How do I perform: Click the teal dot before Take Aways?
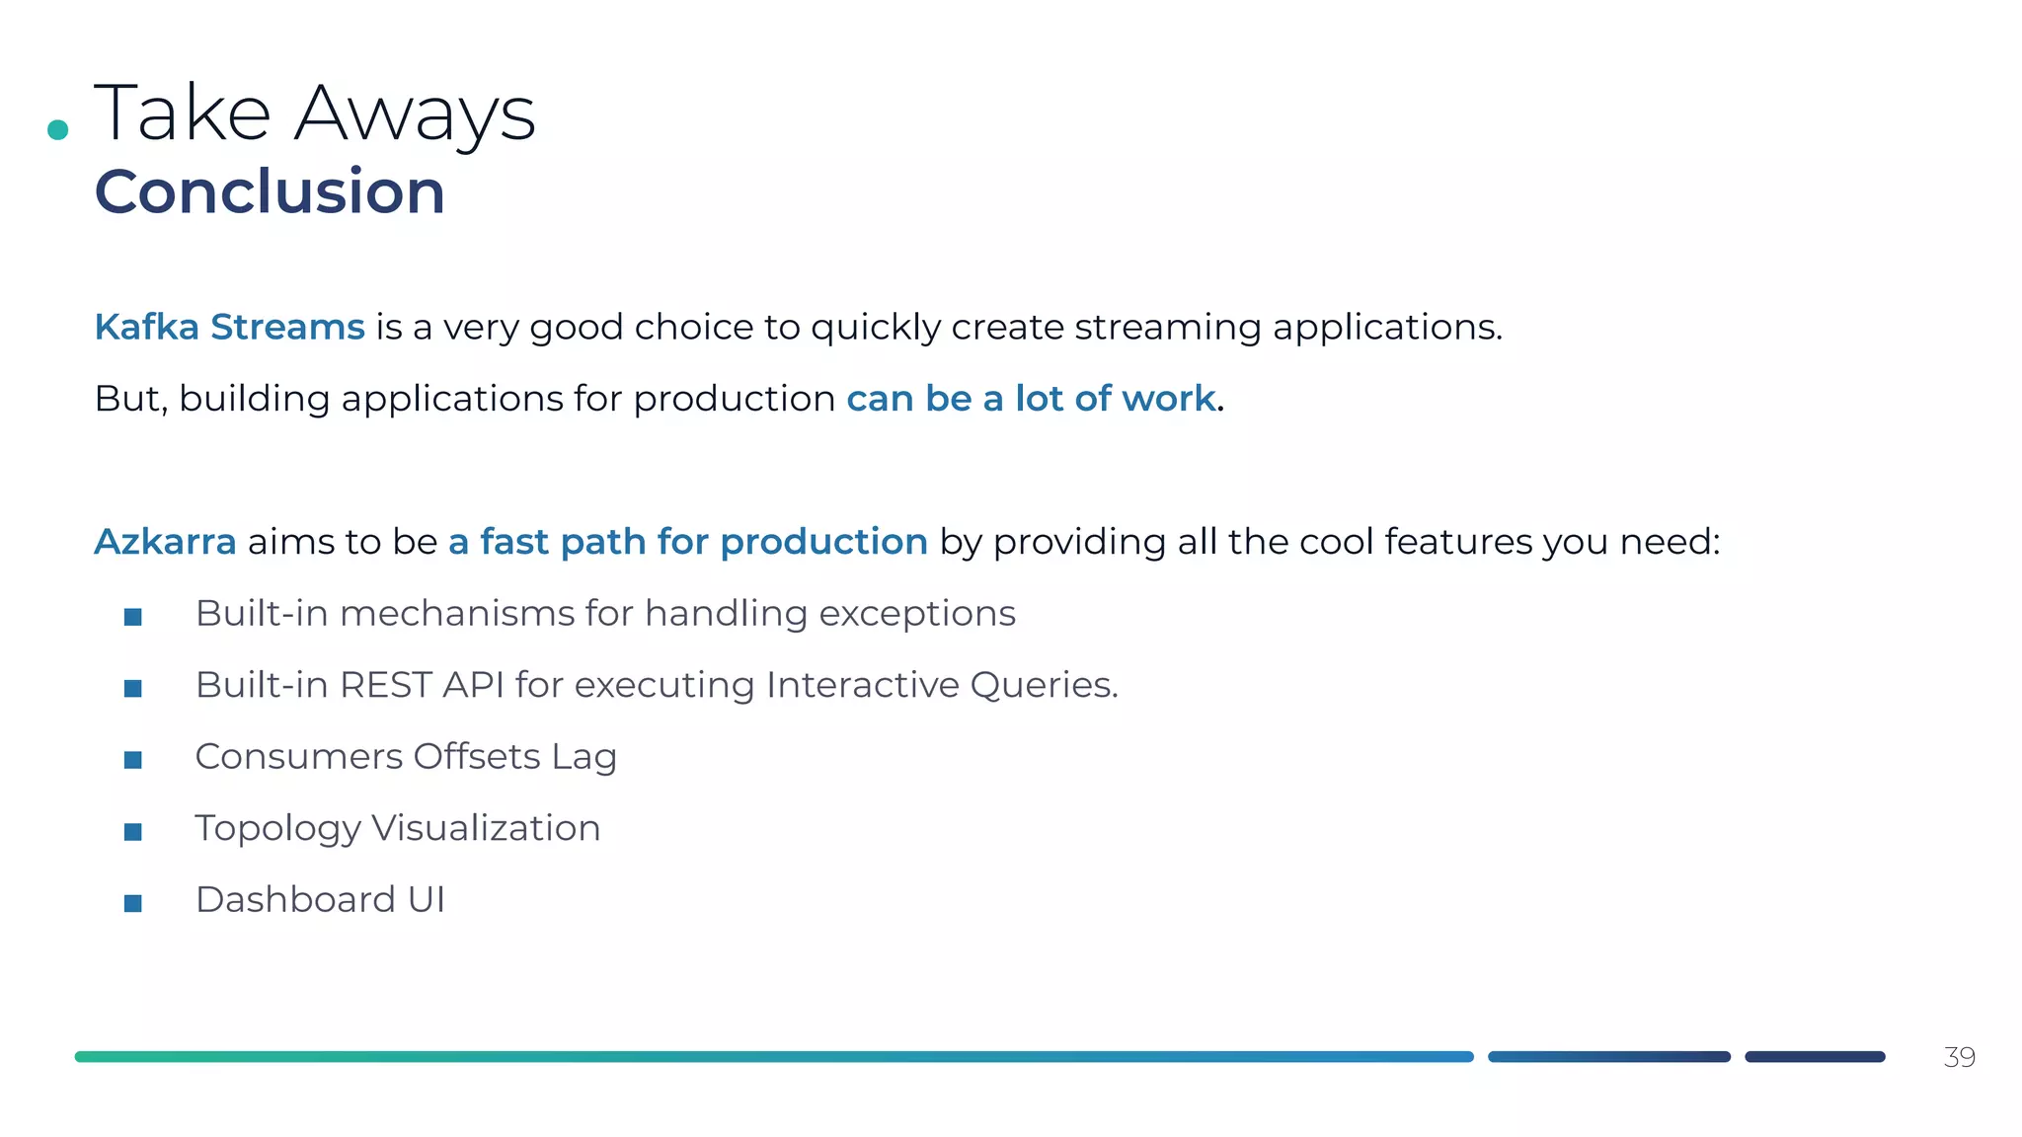(58, 129)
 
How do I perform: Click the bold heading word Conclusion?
(270, 191)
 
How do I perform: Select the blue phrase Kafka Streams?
(229, 327)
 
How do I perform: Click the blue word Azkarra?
(165, 542)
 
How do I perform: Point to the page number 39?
(1959, 1057)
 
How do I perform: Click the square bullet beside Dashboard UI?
(133, 903)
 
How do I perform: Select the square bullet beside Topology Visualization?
(133, 832)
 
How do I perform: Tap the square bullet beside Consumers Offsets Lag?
(133, 760)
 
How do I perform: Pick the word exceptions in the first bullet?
(916, 614)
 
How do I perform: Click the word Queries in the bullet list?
(1042, 685)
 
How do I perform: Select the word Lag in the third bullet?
(583, 758)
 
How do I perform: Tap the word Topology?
(277, 829)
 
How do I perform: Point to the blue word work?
(1168, 399)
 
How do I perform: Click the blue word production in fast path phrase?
(823, 542)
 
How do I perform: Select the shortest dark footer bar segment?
(1815, 1057)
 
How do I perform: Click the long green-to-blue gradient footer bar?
(774, 1057)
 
